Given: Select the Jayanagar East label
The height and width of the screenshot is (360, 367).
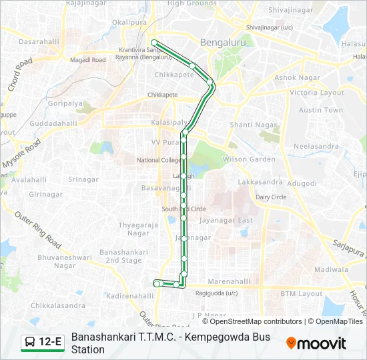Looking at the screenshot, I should click(227, 221).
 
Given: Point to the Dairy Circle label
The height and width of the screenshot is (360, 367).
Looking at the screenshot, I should click(271, 197).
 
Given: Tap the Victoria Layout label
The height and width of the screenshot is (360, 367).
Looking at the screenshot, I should click(317, 93).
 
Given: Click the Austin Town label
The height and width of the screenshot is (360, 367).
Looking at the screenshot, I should click(320, 110).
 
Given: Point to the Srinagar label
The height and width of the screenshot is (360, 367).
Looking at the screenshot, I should click(83, 179).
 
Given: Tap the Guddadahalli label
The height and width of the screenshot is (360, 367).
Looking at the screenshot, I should click(54, 123).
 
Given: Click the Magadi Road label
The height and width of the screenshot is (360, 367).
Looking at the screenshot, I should click(89, 60).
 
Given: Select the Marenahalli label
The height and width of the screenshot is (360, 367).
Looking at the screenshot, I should click(229, 281).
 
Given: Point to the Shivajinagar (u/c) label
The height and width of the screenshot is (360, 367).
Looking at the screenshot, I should click(270, 27).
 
